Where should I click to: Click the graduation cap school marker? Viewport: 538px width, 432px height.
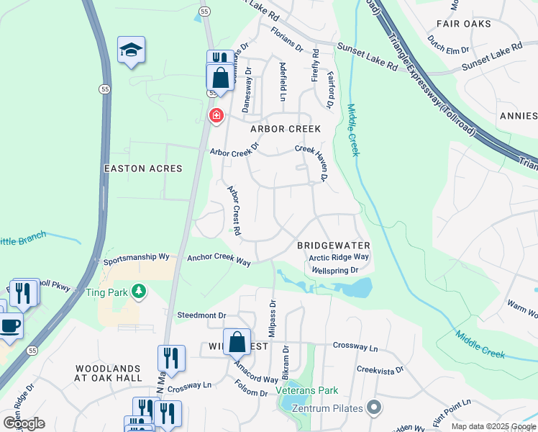tap(131, 50)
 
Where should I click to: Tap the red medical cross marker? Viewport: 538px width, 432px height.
tap(216, 115)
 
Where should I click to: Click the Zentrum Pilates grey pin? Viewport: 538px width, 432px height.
tap(373, 408)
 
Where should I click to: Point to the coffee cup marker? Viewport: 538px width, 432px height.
tap(10, 325)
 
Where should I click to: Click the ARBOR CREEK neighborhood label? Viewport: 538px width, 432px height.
tap(285, 129)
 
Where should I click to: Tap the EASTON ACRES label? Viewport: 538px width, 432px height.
tap(143, 168)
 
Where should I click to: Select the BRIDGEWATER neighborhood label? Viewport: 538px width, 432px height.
tap(333, 246)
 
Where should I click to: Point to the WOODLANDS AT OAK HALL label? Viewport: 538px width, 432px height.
tap(114, 374)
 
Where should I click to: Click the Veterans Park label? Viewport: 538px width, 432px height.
tap(307, 392)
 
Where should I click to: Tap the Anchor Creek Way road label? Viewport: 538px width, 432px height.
tap(219, 259)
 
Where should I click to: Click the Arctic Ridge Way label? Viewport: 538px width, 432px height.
tap(339, 257)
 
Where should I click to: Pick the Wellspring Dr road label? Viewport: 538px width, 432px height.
tap(335, 271)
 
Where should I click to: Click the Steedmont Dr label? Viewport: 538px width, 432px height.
tap(201, 315)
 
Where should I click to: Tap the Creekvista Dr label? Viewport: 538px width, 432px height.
tap(381, 369)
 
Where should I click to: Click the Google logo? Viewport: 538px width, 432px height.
tap(23, 423)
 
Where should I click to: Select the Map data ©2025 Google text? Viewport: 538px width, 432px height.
tap(493, 426)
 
